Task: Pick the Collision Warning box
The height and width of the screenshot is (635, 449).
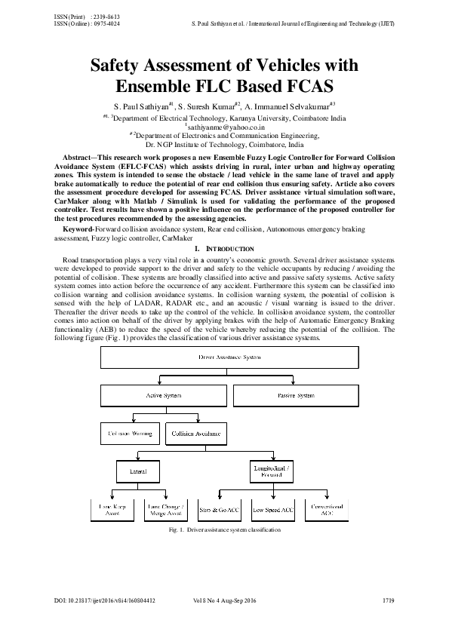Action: [x=130, y=433]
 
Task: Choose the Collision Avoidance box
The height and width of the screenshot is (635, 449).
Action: [x=195, y=433]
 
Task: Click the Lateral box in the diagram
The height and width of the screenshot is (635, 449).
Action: [x=137, y=471]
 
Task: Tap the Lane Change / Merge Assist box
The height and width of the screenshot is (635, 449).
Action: [x=166, y=511]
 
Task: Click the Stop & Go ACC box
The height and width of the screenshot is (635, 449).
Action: [x=220, y=511]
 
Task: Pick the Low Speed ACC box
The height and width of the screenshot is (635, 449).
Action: [x=273, y=511]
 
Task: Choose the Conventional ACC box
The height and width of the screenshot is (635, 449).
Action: [x=326, y=511]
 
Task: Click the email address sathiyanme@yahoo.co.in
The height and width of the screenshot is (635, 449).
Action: [x=224, y=128]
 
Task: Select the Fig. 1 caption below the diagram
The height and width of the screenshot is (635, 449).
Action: [x=225, y=530]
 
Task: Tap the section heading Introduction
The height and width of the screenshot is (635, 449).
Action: [x=224, y=249]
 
